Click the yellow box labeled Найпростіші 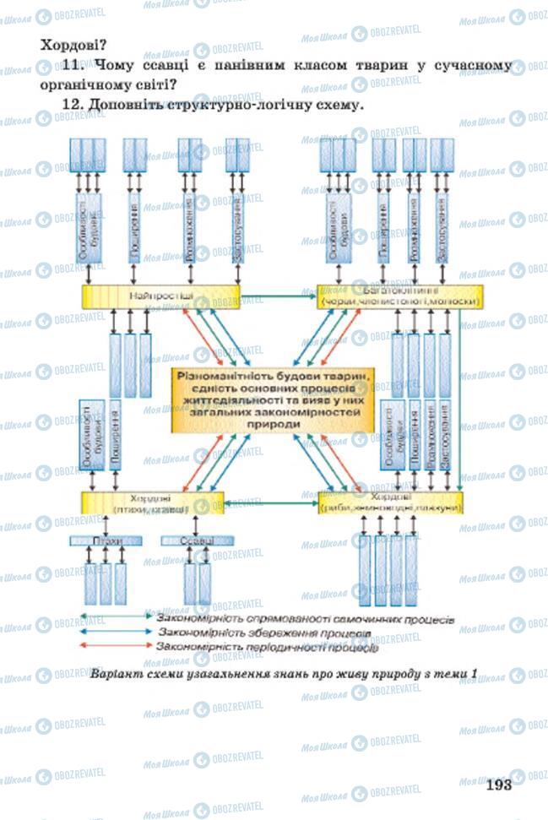[x=160, y=296]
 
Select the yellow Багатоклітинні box [x=399, y=296]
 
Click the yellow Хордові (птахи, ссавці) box [x=153, y=502]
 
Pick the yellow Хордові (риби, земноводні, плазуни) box [x=391, y=502]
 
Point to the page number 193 [x=499, y=785]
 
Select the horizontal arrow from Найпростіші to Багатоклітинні [x=278, y=296]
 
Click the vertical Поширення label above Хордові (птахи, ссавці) [x=114, y=435]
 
